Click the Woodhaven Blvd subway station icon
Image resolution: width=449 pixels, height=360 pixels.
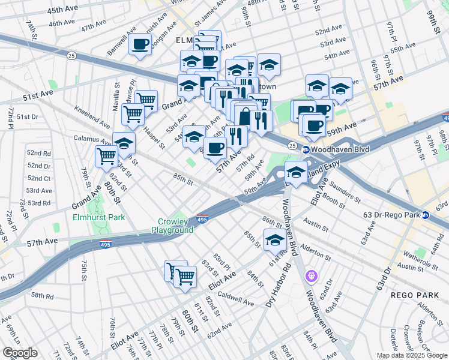tap(306, 149)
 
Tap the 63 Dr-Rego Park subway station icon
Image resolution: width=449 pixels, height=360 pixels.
tap(426, 215)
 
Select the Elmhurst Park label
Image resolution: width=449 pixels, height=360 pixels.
tap(99, 217)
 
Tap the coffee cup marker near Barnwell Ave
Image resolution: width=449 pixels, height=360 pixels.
tap(140, 45)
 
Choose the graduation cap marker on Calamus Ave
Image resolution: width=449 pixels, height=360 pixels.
tap(124, 143)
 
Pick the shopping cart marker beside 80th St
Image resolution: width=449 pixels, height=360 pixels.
tap(106, 156)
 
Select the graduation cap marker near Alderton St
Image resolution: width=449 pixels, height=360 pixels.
tap(275, 241)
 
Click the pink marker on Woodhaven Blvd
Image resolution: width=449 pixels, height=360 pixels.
tap(311, 277)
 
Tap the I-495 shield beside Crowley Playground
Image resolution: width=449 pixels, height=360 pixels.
tap(202, 220)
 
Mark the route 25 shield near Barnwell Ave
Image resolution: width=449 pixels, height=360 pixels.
tap(71, 56)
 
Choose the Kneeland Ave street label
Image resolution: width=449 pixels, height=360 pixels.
tap(92, 118)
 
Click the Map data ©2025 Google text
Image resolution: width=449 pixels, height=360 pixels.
tap(412, 355)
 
